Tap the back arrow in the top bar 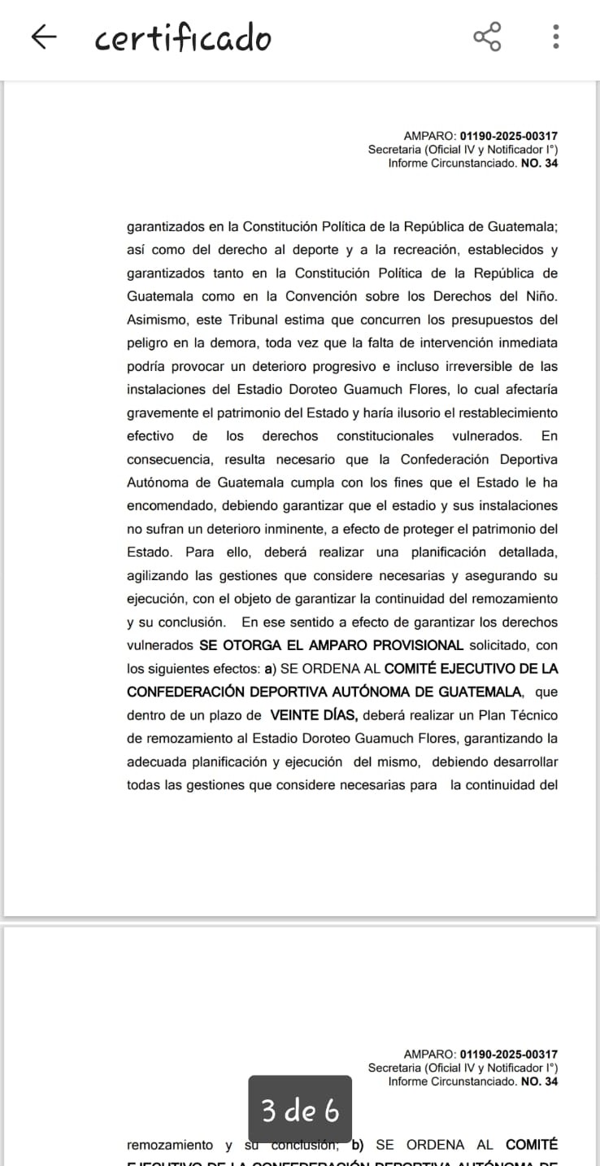[44, 37]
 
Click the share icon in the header [487, 37]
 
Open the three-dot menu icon [556, 37]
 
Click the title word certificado [183, 38]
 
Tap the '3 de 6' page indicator [299, 1110]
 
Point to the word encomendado [168, 506]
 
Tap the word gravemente [163, 413]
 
